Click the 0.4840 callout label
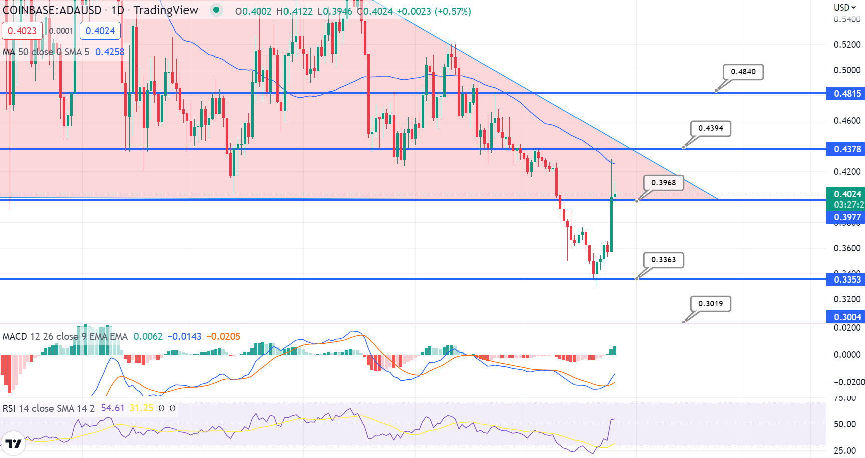pyautogui.click(x=743, y=72)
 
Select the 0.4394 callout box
pyautogui.click(x=711, y=128)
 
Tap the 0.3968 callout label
pyautogui.click(x=664, y=183)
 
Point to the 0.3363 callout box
pyautogui.click(x=664, y=260)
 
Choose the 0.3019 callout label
pyautogui.click(x=711, y=304)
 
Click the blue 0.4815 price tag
pyautogui.click(x=846, y=94)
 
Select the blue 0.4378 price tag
pyautogui.click(x=846, y=149)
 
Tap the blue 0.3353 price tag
pyautogui.click(x=846, y=280)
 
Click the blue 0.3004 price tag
pyautogui.click(x=846, y=317)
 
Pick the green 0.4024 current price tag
pyautogui.click(x=846, y=194)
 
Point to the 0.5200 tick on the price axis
pyautogui.click(x=847, y=45)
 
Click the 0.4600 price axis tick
pyautogui.click(x=847, y=121)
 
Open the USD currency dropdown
pyautogui.click(x=845, y=7)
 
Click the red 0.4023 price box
pyautogui.click(x=22, y=31)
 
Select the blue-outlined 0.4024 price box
pyautogui.click(x=100, y=31)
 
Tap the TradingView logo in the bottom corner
pyautogui.click(x=13, y=444)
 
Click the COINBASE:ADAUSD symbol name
pyautogui.click(x=52, y=10)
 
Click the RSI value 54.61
pyautogui.click(x=113, y=408)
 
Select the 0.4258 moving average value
pyautogui.click(x=110, y=52)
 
